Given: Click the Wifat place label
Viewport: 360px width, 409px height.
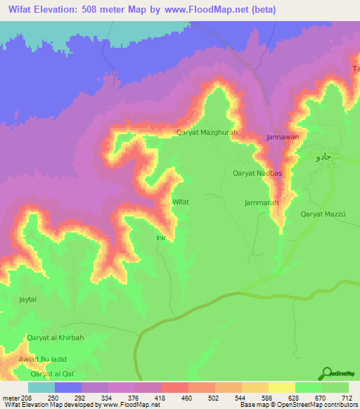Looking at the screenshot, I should (181, 201).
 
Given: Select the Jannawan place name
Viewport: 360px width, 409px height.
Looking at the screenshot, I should (282, 138).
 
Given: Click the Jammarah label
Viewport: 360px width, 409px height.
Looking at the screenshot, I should (262, 202).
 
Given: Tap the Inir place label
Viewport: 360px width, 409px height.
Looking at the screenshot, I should (160, 238).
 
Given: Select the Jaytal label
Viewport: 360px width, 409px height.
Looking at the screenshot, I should (27, 299).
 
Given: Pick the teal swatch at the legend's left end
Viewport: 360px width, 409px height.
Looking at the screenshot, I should (41, 387).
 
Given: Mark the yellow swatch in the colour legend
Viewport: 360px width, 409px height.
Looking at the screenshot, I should (281, 387).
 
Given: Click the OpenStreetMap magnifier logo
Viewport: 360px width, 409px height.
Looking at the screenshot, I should (326, 373).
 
